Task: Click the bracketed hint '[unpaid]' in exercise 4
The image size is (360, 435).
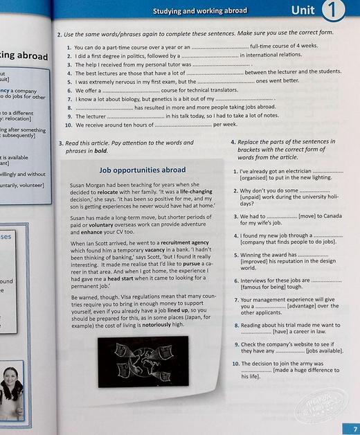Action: tap(253, 197)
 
